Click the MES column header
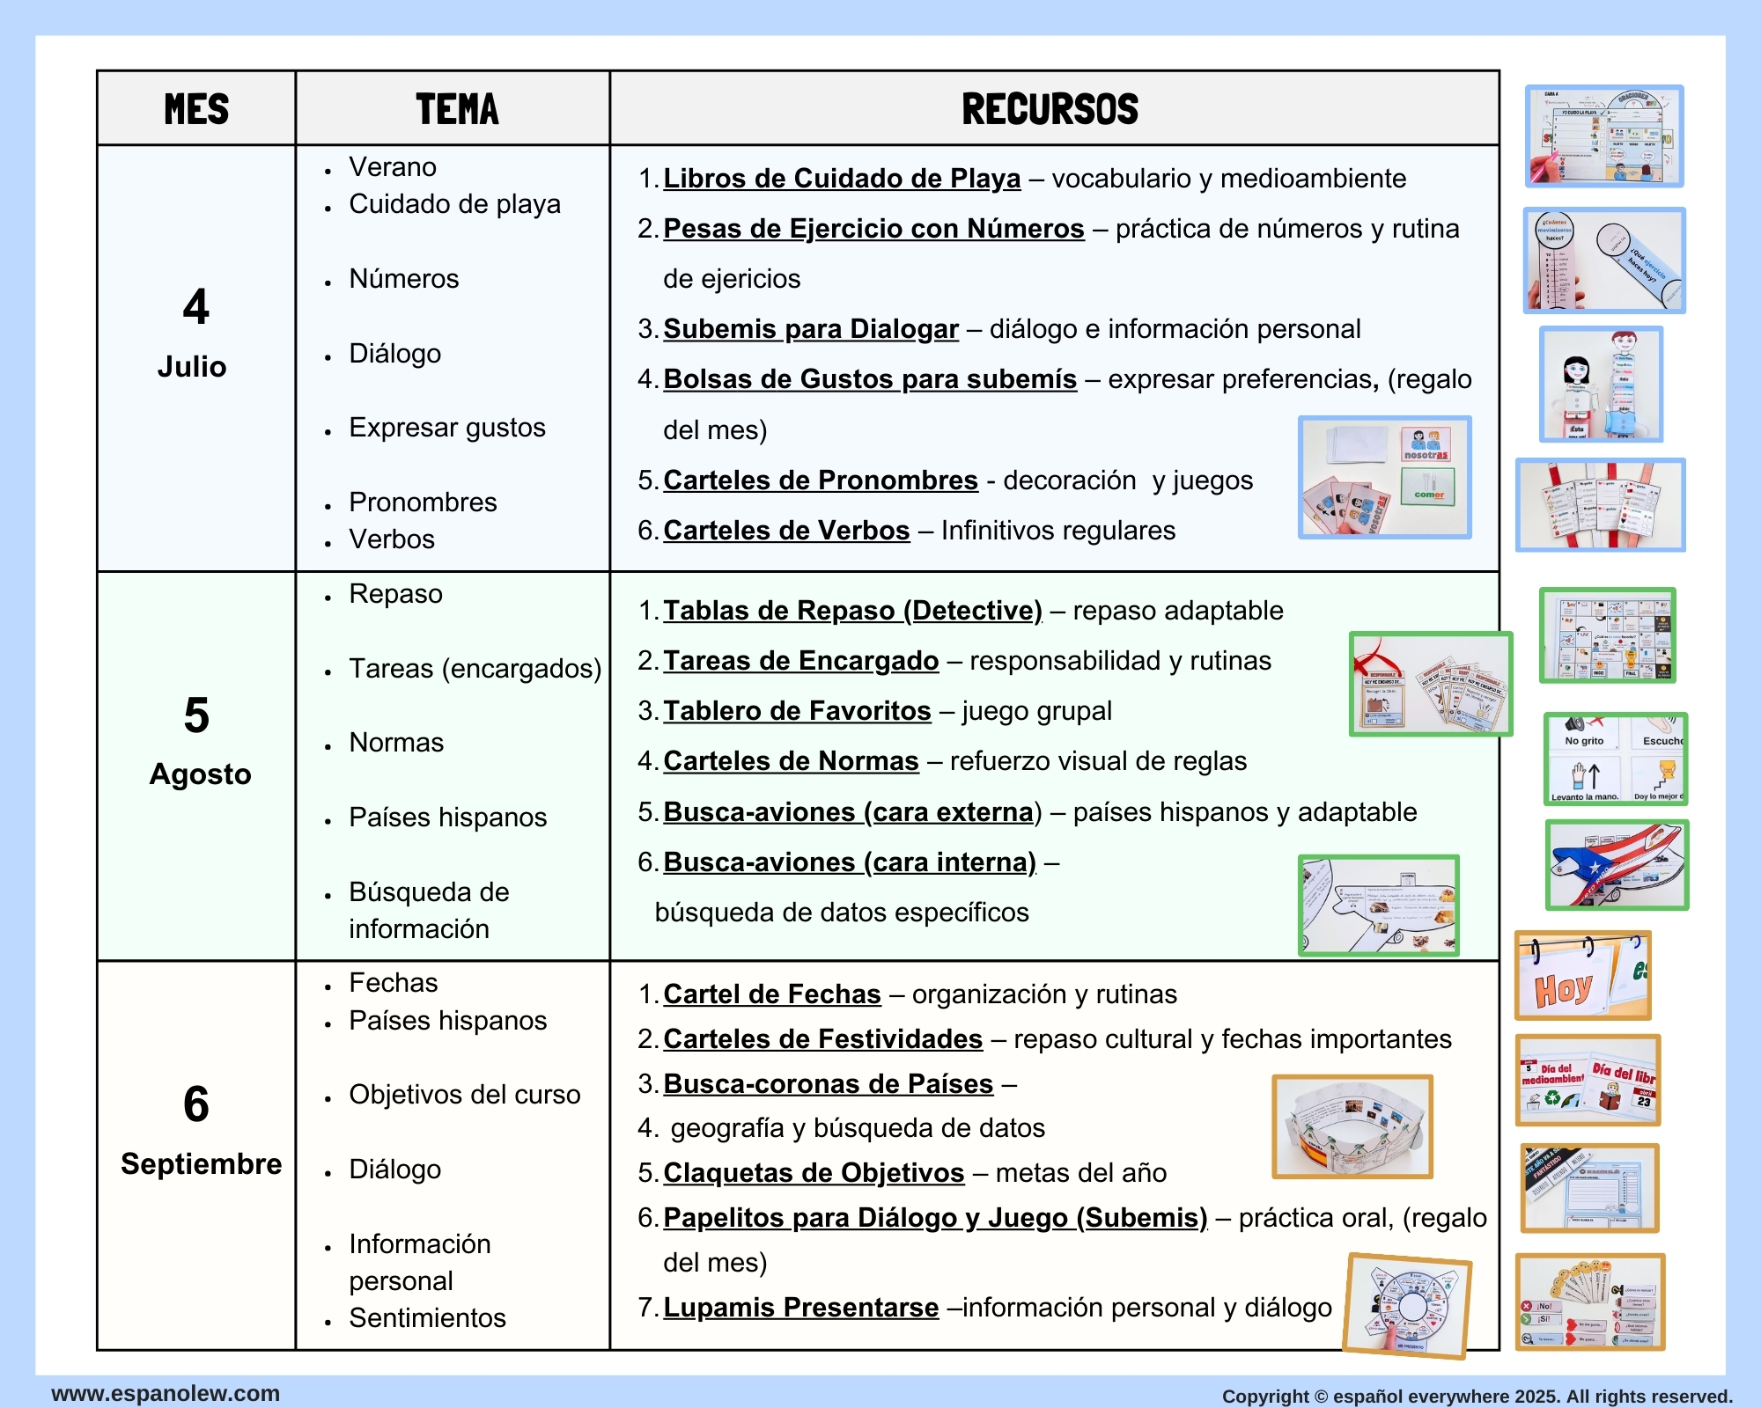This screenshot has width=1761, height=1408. [196, 109]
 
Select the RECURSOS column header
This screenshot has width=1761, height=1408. [1050, 109]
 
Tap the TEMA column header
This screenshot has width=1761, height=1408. [457, 109]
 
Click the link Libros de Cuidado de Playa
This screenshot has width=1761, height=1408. [841, 179]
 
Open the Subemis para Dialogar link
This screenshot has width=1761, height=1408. [810, 329]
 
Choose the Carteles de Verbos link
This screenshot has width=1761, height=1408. [785, 531]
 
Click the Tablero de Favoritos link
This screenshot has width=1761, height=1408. [796, 711]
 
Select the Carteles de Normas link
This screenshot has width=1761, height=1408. [790, 761]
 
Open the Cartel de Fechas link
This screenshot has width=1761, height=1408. [771, 994]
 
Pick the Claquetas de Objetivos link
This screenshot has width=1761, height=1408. [813, 1173]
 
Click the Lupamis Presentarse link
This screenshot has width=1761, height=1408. [800, 1308]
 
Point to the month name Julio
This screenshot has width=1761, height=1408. [192, 366]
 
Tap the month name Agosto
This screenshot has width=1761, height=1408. [200, 774]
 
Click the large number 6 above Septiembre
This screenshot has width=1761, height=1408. [195, 1104]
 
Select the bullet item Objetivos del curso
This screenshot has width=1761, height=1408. [464, 1095]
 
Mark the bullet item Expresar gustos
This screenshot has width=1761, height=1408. [446, 428]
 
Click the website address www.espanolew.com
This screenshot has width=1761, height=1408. [166, 1394]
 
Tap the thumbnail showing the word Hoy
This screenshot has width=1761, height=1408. [1582, 976]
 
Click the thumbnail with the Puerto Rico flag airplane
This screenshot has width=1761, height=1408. [1617, 865]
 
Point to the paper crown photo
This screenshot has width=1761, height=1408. [1352, 1126]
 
